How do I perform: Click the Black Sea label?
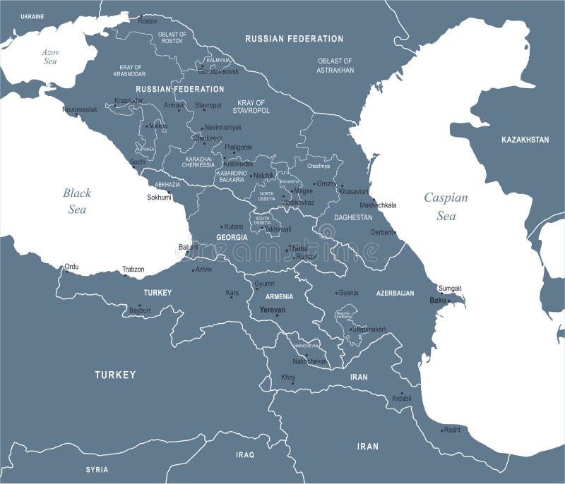(x=76, y=200)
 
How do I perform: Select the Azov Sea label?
(x=49, y=56)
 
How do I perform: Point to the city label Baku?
(x=438, y=301)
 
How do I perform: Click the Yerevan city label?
(x=273, y=310)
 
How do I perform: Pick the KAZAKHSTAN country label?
(x=525, y=140)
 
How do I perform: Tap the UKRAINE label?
(x=32, y=16)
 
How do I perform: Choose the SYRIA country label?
(x=97, y=469)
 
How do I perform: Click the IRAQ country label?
(x=244, y=455)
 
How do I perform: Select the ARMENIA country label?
(x=280, y=297)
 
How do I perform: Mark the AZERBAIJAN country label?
(x=395, y=293)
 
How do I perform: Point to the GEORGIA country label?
(x=232, y=238)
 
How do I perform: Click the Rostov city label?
(x=148, y=21)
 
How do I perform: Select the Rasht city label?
(x=452, y=429)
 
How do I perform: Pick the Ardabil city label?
(x=401, y=399)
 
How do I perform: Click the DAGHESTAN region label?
(x=353, y=217)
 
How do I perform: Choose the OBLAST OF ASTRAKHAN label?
(x=335, y=66)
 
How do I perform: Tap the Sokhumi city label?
(x=159, y=198)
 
